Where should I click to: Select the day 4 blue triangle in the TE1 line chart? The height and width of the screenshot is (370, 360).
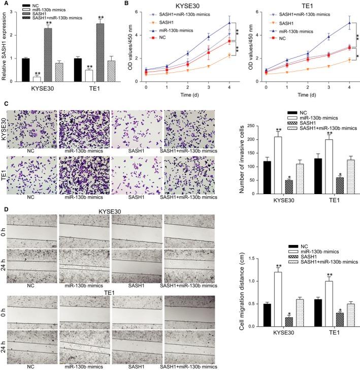coord(335,22)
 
